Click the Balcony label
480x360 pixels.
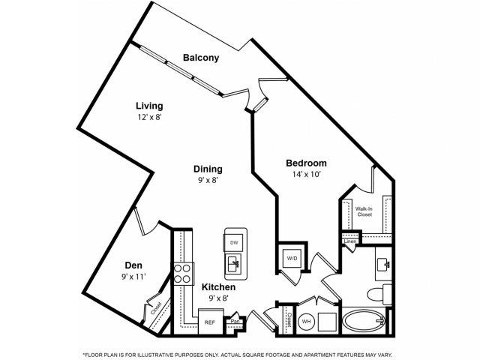click(200, 58)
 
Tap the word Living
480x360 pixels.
click(149, 106)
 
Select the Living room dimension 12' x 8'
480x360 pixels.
click(149, 117)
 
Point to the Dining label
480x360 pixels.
click(207, 169)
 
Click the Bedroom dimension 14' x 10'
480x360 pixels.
click(306, 174)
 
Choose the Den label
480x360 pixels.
click(134, 265)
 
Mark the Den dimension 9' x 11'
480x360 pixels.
click(134, 277)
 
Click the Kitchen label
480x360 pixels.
click(219, 287)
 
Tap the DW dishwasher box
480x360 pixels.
click(233, 242)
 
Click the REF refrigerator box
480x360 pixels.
click(211, 322)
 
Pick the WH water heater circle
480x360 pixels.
click(307, 321)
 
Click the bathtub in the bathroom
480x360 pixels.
click(364, 322)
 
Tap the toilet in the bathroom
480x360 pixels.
click(385, 294)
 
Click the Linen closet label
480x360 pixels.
click(350, 241)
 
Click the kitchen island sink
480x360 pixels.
click(233, 265)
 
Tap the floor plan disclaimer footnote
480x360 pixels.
click(240, 352)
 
